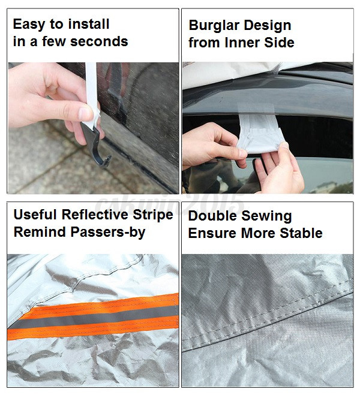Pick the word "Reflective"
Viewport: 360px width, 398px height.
[x=95, y=215]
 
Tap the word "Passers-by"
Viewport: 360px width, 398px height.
[x=108, y=233]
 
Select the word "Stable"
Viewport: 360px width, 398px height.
[x=301, y=233]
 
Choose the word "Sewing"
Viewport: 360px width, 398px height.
[x=266, y=216]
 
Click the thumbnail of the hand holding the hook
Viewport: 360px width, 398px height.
[x=94, y=128]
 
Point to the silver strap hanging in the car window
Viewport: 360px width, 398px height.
[x=260, y=134]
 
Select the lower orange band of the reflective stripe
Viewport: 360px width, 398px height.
[x=93, y=328]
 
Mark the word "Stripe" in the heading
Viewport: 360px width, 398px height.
[x=153, y=215]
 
